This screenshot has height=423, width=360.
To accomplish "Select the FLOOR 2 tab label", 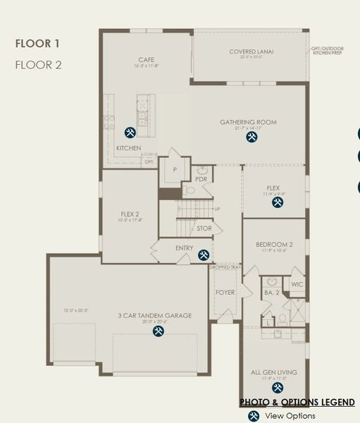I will [38, 64].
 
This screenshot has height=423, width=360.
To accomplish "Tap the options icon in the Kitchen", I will [130, 132].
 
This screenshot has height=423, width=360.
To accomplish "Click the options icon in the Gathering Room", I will [251, 137].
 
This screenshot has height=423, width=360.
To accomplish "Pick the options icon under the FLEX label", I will [278, 202].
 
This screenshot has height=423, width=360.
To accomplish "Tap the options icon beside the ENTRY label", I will [204, 255].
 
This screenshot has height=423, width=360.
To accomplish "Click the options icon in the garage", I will [159, 329].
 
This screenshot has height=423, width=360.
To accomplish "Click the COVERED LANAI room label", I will [252, 51].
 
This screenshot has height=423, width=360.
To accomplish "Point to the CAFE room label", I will [146, 59].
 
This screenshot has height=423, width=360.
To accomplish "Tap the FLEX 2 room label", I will [130, 213].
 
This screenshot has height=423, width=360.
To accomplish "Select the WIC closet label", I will [296, 285].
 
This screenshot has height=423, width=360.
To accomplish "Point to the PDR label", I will [201, 179].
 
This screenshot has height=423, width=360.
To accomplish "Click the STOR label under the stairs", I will [204, 228].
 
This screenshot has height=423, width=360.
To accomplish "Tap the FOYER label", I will [224, 292].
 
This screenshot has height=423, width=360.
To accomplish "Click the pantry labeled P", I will [174, 169].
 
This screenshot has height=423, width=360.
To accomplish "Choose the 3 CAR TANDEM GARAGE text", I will [154, 316].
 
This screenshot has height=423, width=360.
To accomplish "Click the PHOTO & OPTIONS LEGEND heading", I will [297, 402].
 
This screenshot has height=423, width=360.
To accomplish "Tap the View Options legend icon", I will [253, 416].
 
